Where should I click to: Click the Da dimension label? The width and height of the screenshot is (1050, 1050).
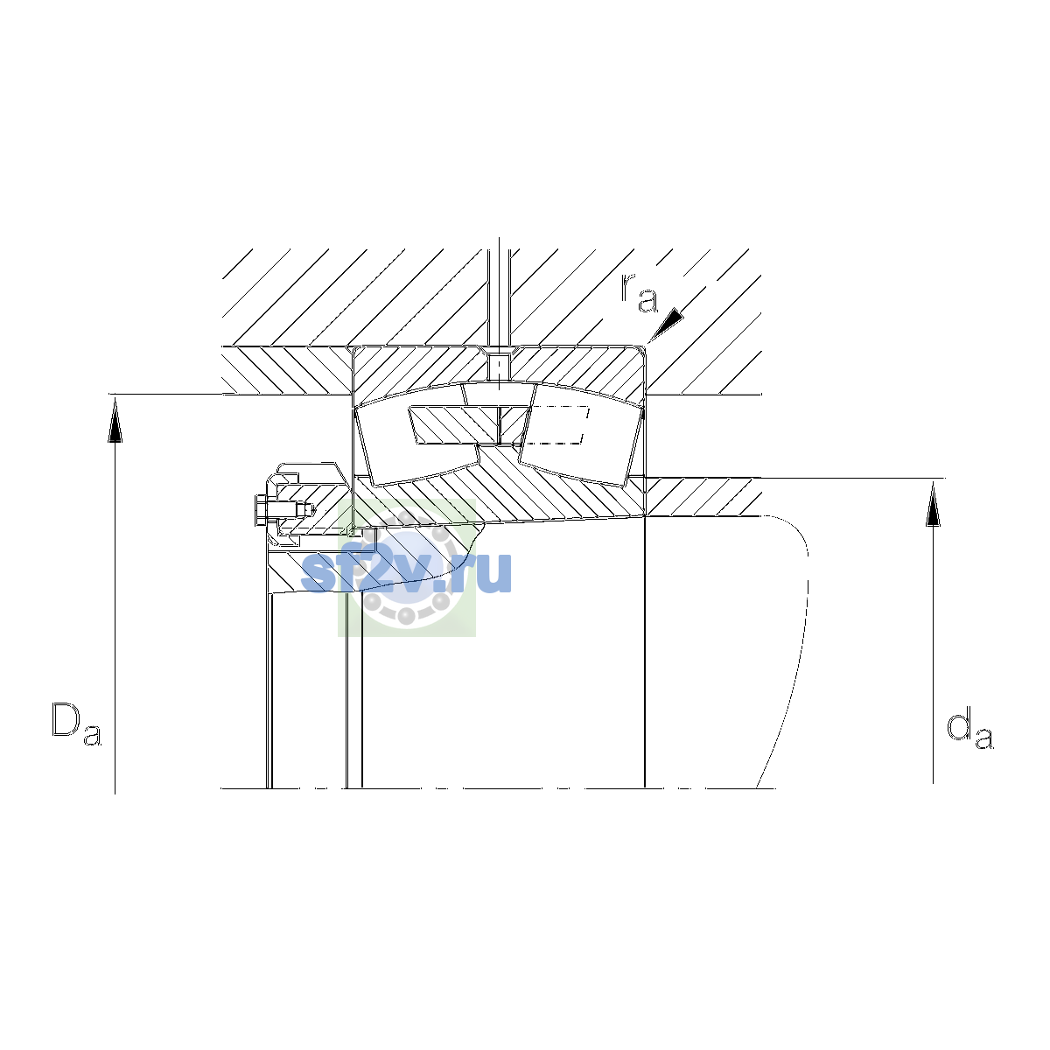point(76,724)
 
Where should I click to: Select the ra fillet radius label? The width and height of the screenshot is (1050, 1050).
point(640,293)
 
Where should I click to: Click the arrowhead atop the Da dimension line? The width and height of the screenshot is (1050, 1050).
point(115,420)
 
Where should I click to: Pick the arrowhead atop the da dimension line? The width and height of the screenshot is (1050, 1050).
point(934,504)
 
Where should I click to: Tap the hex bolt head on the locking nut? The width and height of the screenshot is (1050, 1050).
point(260,510)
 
